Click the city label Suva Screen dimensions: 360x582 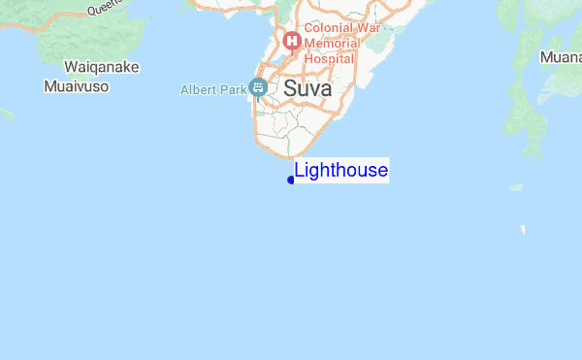coord(307,90)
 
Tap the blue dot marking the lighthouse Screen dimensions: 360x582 coord(291,180)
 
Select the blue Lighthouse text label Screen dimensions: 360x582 coord(341,172)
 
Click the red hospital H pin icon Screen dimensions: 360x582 coord(289,43)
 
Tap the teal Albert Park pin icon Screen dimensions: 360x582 coord(258,88)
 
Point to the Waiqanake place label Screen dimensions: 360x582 coord(102,67)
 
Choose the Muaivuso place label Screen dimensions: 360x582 coord(76,86)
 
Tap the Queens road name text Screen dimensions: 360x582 coord(103,8)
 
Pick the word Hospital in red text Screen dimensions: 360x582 coord(330,58)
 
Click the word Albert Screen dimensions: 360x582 coord(199,90)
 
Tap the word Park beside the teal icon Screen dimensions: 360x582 coord(234,90)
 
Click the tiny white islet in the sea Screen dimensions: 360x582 coord(523,230)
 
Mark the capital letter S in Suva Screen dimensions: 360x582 coord(290,90)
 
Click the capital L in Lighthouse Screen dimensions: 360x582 coord(300,172)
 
